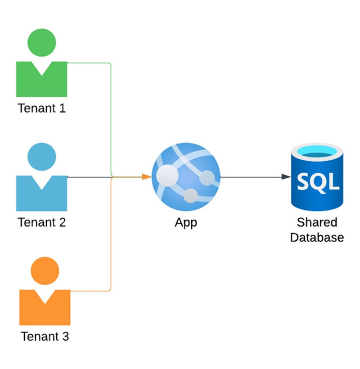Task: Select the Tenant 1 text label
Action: click(42, 108)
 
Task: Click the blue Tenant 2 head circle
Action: click(42, 156)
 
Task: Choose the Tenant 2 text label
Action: click(42, 222)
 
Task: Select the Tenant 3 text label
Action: click(45, 336)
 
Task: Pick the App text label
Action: click(186, 222)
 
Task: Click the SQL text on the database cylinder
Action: click(317, 182)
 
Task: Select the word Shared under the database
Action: click(317, 222)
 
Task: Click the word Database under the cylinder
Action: click(317, 237)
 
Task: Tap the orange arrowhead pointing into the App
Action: click(146, 177)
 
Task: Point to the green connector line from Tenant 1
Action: click(111, 117)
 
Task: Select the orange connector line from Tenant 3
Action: click(111, 238)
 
